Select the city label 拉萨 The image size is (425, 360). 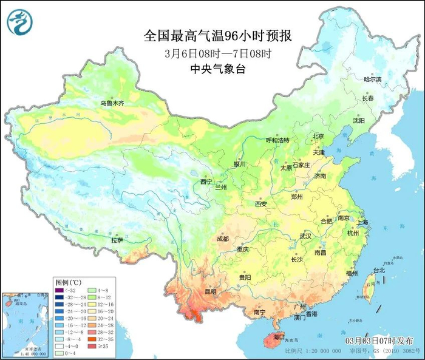[117, 241]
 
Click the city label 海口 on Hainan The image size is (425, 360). [279, 336]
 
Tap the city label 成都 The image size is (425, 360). [222, 239]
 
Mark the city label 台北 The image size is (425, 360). [378, 270]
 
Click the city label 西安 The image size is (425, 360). [260, 204]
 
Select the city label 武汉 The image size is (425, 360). [305, 236]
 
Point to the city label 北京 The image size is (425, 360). [318, 136]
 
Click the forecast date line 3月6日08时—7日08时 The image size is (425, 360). [217, 53]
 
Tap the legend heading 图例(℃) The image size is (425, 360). [67, 282]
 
